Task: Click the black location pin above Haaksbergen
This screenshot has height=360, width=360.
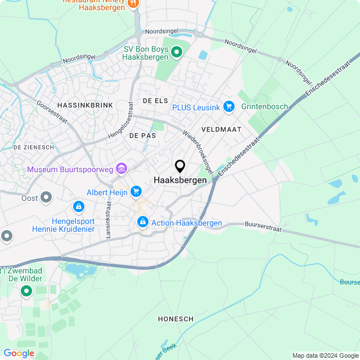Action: [x=180, y=166]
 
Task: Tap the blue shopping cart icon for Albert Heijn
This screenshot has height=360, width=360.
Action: [x=136, y=192]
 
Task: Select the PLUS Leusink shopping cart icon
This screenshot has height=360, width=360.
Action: [x=228, y=106]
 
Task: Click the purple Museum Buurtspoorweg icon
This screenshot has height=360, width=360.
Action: [x=121, y=168]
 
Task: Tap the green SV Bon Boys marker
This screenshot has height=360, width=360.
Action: [x=177, y=52]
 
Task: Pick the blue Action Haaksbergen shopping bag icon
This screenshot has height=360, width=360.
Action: [x=143, y=223]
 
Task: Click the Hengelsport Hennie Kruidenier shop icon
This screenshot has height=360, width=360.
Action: [x=79, y=207]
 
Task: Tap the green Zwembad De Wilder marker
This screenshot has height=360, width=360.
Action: [x=26, y=291]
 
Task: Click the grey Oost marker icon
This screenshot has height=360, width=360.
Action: [x=46, y=197]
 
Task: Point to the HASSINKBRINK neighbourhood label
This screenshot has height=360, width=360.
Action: [x=85, y=105]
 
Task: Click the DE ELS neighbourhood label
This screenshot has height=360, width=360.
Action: [x=155, y=101]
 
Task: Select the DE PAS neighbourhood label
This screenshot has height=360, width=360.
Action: [x=142, y=136]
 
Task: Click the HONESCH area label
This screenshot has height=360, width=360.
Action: [x=176, y=319]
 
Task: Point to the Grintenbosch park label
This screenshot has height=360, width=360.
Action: [x=264, y=106]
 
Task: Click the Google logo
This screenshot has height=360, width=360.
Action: [x=19, y=353]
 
